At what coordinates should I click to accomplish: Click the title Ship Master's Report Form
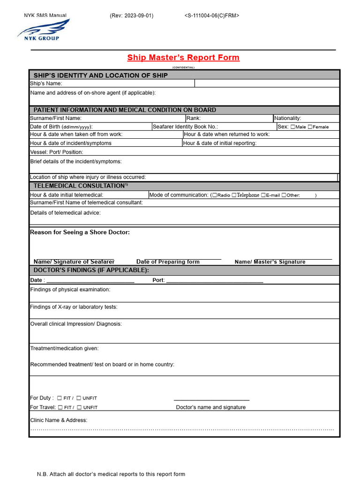[x=183, y=58]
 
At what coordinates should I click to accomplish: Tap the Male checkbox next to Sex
[x=293, y=127]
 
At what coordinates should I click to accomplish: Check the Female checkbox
[x=310, y=127]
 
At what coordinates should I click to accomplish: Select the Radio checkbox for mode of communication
[x=214, y=195]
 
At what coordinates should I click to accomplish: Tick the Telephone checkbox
[x=234, y=195]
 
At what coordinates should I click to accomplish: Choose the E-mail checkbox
[x=263, y=195]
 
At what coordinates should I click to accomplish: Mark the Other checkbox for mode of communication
[x=284, y=195]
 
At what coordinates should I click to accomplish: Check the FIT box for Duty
[x=60, y=398]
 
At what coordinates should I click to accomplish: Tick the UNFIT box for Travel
[x=79, y=407]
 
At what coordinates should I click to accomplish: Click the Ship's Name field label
[x=46, y=83]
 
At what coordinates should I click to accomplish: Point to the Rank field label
[x=194, y=118]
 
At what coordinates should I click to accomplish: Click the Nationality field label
[x=288, y=118]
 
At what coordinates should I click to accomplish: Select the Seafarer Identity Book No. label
[x=185, y=127]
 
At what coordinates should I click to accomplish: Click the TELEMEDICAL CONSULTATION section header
[x=81, y=186]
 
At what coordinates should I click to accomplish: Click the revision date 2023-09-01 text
[x=131, y=15]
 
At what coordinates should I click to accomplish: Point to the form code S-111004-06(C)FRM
[x=212, y=15]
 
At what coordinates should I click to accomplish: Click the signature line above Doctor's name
[x=211, y=400]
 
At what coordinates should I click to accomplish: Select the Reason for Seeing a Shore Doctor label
[x=80, y=232]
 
